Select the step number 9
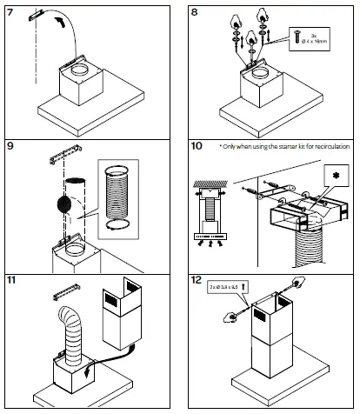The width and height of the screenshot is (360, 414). click(10, 145)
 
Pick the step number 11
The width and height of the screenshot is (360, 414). click(12, 282)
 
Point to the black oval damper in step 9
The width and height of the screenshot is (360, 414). click(63, 204)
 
